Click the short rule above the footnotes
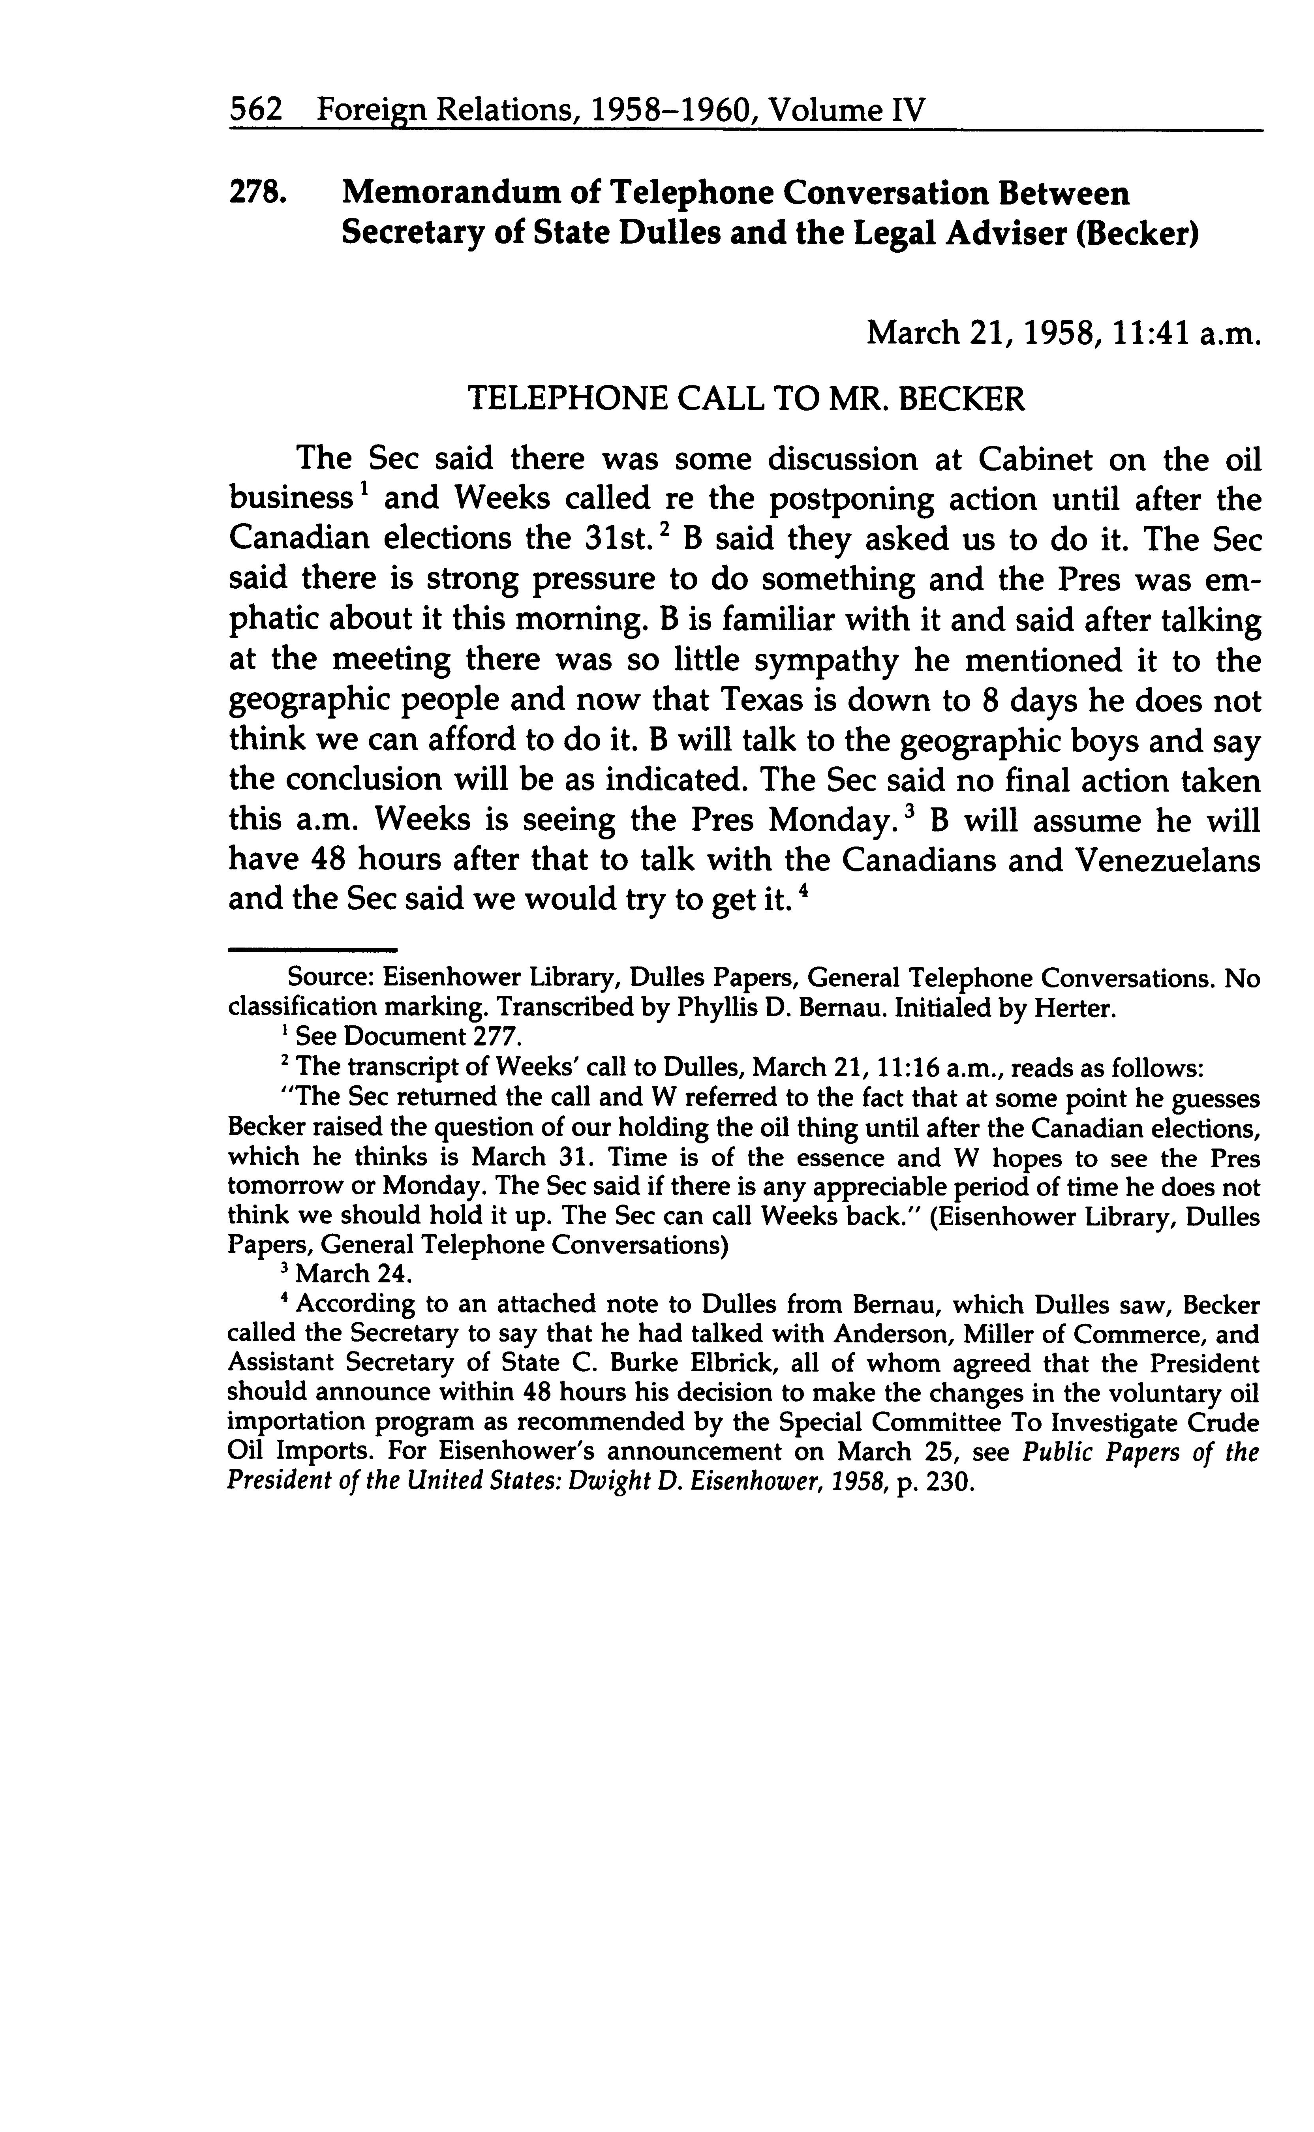[x=313, y=949]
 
